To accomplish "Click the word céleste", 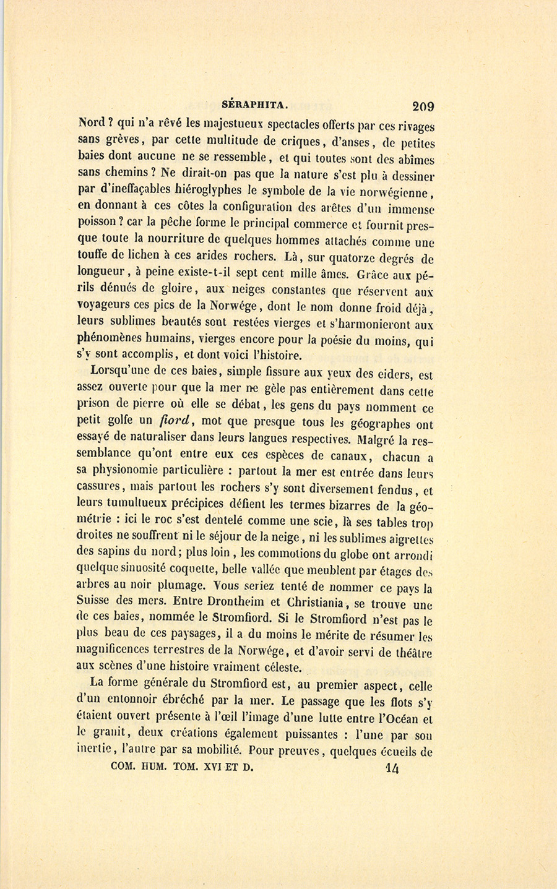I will click(x=282, y=668).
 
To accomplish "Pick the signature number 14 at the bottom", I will click(x=392, y=768).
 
